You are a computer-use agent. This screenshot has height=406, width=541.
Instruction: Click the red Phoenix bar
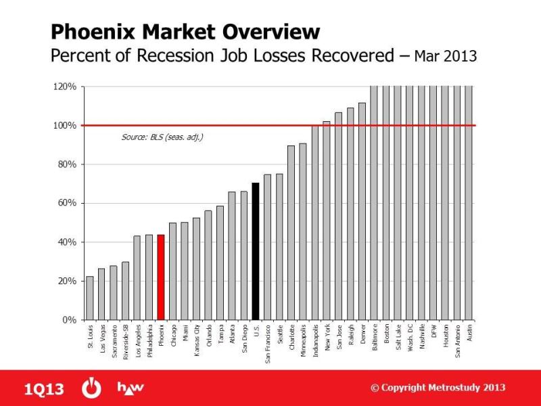[x=161, y=277]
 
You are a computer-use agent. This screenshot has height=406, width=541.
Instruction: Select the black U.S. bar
[x=256, y=251]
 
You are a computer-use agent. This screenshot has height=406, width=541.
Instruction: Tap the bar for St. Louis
[x=90, y=298]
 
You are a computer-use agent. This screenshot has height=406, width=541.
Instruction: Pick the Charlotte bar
[x=291, y=233]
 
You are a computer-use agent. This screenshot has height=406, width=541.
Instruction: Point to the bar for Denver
[x=362, y=211]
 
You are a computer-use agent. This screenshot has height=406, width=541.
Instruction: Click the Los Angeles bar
[x=137, y=278]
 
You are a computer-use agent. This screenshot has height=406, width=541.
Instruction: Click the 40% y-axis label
[x=67, y=242]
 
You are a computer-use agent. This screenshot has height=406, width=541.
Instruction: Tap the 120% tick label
[x=64, y=87]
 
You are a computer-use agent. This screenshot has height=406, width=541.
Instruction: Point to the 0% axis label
[x=70, y=320]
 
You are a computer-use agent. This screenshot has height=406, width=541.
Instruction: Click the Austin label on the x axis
[x=469, y=333]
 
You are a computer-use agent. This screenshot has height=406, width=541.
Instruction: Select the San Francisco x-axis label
[x=268, y=344]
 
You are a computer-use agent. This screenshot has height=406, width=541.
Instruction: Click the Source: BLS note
[x=162, y=137]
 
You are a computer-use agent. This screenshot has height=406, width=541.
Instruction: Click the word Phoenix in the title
[x=93, y=32]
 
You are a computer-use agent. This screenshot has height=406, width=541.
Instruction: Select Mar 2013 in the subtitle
[x=446, y=56]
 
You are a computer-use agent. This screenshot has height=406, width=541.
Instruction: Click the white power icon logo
[x=91, y=388]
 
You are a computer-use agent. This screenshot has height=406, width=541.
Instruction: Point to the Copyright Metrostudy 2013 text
[x=438, y=388]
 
